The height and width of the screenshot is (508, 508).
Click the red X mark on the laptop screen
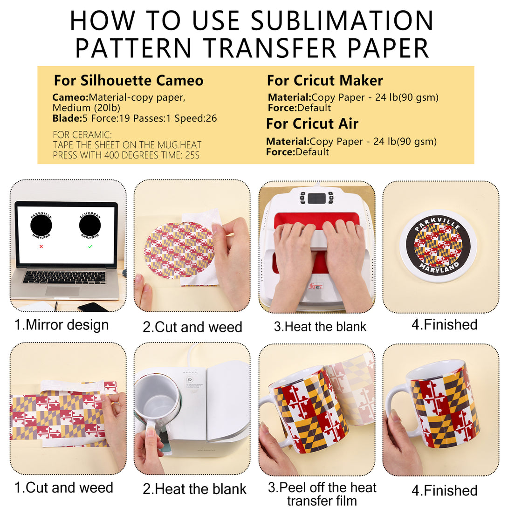tap(41, 247)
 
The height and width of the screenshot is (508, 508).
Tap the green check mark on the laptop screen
tap(90, 247)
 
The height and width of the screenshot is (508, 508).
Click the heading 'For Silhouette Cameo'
tap(128, 80)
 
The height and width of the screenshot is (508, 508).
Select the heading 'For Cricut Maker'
tap(325, 80)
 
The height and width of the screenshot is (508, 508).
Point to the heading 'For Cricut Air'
tap(312, 124)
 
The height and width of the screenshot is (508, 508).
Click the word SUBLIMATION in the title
tap(342, 21)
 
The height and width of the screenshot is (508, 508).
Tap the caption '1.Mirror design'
tap(61, 325)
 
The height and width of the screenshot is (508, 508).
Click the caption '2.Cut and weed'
tap(192, 327)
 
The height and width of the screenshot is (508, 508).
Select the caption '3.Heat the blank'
tap(320, 327)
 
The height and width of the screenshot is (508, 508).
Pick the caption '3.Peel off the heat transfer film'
tap(322, 494)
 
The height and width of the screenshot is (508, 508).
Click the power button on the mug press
tap(190, 379)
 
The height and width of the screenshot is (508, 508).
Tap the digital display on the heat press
tap(316, 198)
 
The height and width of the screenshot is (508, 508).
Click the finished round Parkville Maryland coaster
tap(439, 246)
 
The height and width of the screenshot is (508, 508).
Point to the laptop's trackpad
tap(62, 291)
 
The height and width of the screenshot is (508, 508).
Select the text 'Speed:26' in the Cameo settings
tap(196, 118)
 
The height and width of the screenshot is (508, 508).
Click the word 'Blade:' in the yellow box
tap(68, 118)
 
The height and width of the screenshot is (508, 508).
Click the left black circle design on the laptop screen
tap(41, 226)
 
